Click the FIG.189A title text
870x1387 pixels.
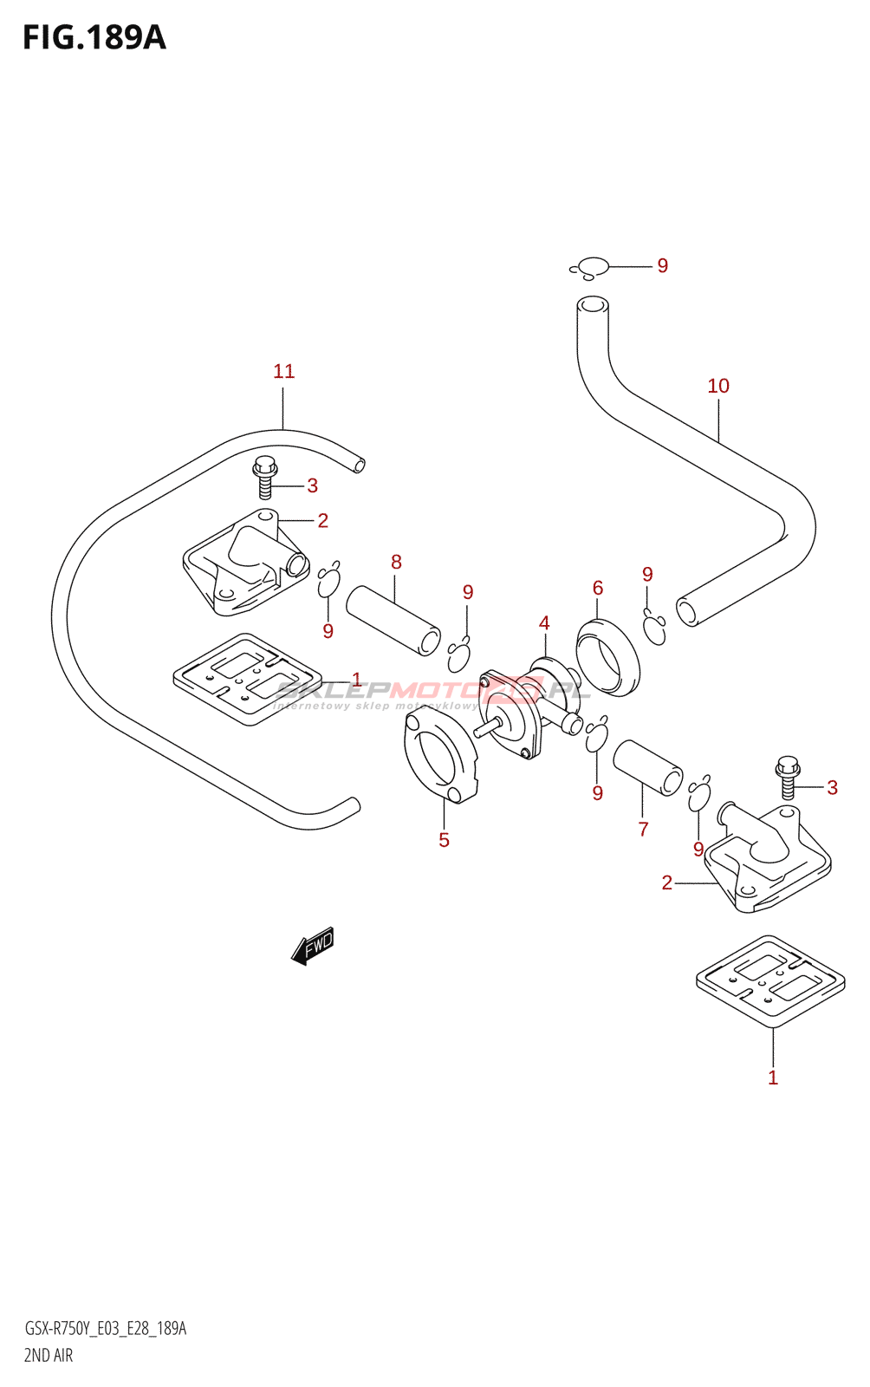94,37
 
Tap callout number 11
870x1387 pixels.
284,372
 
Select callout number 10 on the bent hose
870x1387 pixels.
718,387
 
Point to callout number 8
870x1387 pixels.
396,562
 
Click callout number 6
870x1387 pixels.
598,589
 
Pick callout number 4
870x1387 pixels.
544,623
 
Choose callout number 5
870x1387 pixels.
444,840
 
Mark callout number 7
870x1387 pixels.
643,830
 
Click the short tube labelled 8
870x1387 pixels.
393,620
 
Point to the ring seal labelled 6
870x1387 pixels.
607,656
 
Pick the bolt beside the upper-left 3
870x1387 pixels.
265,477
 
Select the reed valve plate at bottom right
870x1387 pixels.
770,980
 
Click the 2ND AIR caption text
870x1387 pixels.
49,1355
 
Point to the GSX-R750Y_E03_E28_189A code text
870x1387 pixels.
105,1329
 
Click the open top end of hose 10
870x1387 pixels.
593,304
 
